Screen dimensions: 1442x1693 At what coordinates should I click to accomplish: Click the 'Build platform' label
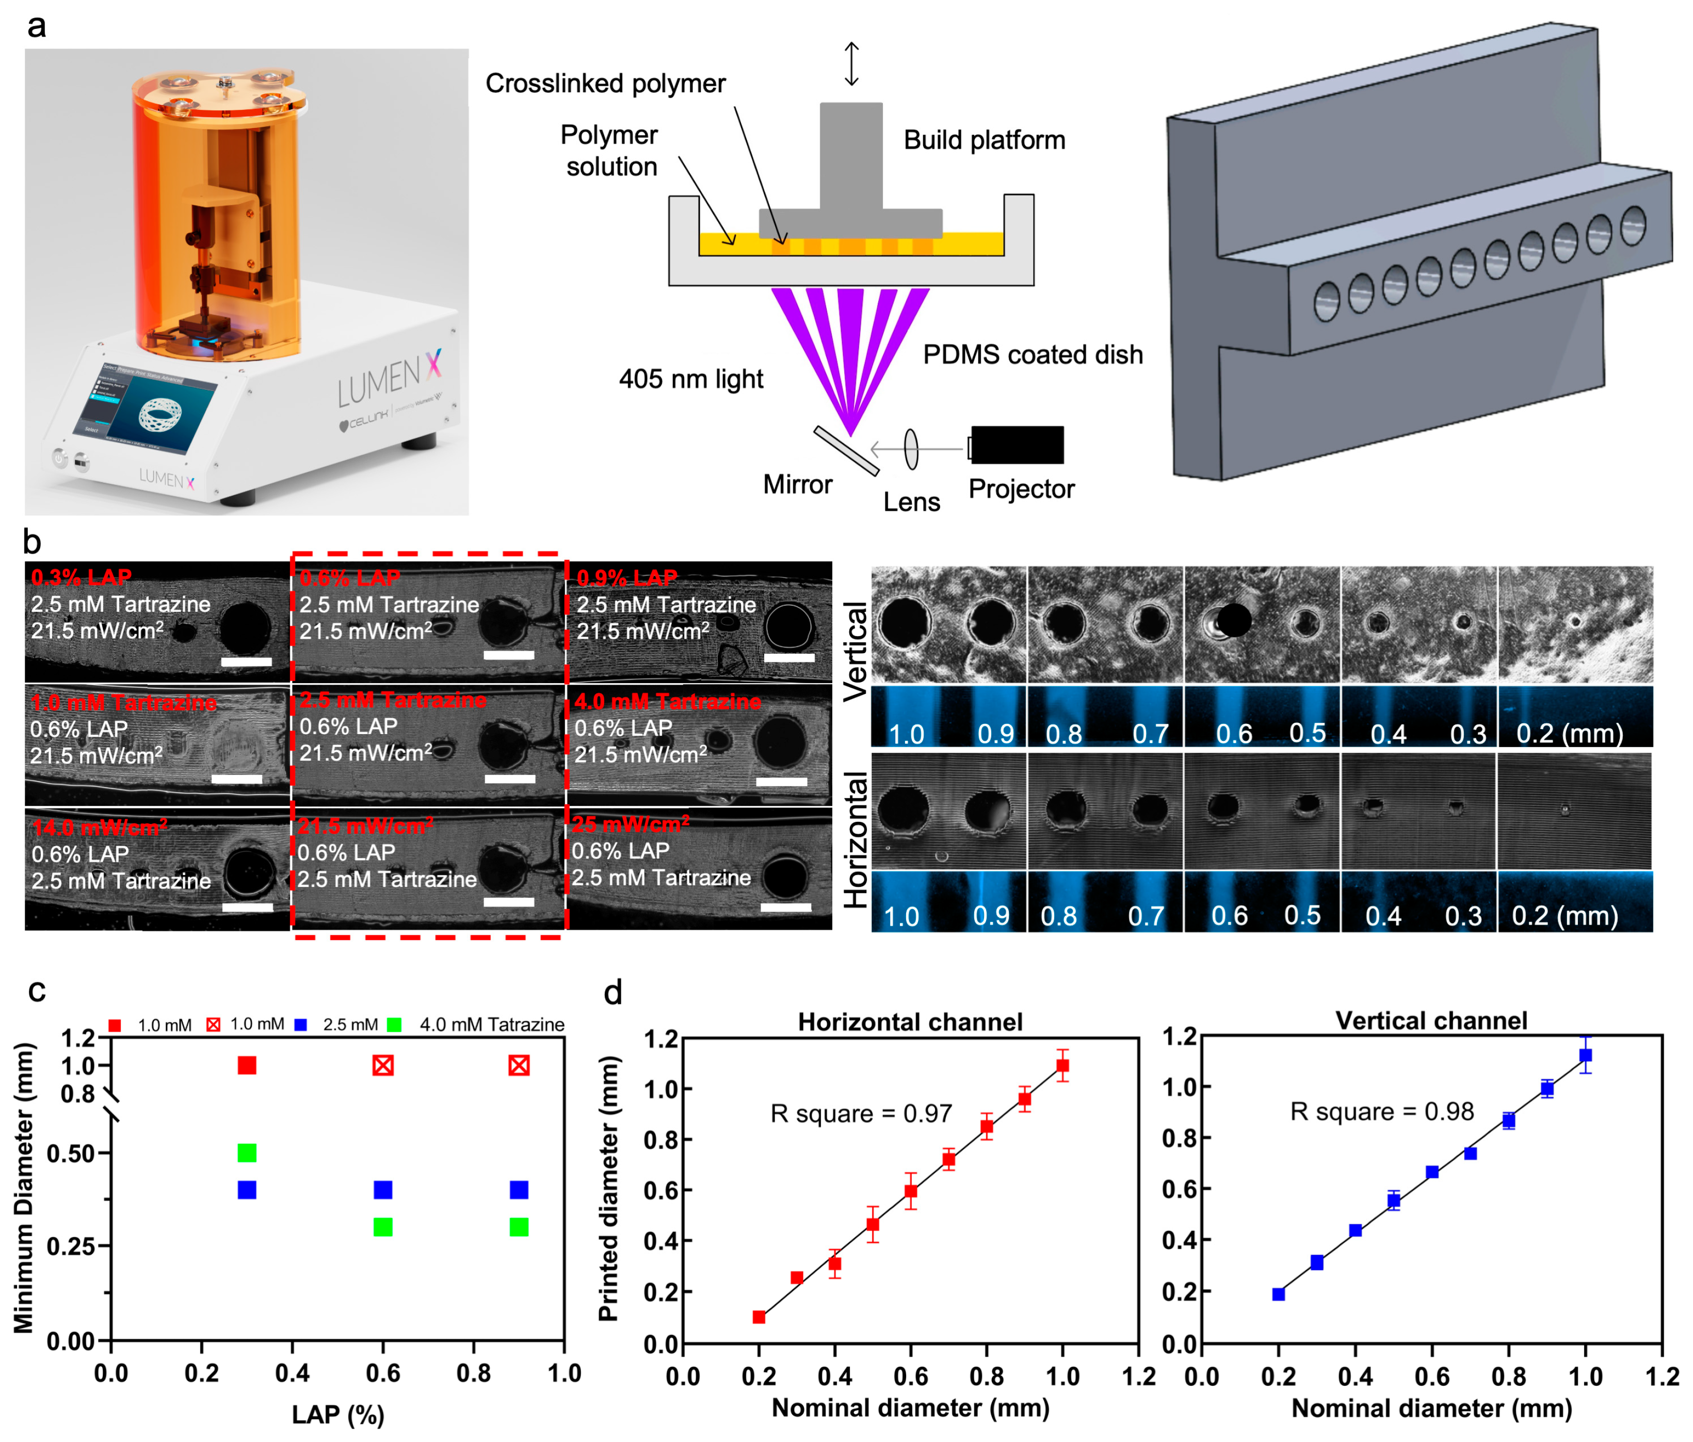tap(984, 140)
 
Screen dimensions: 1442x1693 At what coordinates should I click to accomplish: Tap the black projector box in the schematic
tap(1017, 445)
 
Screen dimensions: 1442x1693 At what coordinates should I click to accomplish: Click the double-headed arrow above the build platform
tap(851, 64)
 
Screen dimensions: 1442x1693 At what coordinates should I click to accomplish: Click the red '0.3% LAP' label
tap(81, 578)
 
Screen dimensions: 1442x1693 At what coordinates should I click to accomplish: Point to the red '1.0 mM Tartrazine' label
tap(123, 703)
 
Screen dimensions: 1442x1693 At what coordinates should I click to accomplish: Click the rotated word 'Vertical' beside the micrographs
tap(854, 651)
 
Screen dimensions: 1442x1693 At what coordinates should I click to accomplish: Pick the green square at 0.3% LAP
tap(247, 1153)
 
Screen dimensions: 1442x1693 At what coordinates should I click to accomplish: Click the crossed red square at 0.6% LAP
tap(383, 1065)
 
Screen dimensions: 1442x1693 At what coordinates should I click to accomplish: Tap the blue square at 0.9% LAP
tap(519, 1190)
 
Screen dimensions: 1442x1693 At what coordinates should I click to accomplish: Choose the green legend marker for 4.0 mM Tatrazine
tap(394, 1025)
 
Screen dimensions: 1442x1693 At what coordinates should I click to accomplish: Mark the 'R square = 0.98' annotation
tap(1382, 1111)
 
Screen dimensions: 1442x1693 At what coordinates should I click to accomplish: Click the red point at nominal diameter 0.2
tap(759, 1317)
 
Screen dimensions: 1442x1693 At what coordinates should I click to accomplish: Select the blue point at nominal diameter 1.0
tap(1585, 1056)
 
